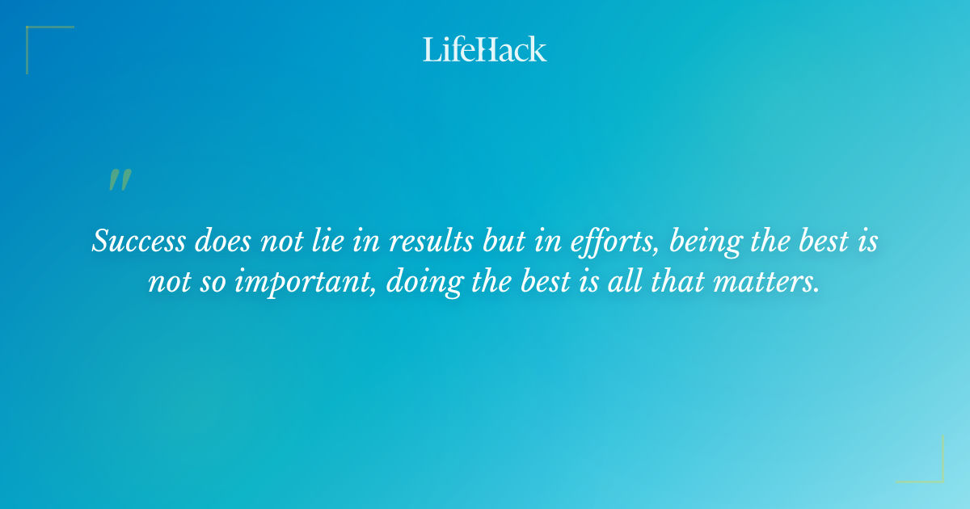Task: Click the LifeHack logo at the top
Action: click(x=485, y=49)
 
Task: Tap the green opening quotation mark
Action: click(x=119, y=180)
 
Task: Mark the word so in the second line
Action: click(x=213, y=283)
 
